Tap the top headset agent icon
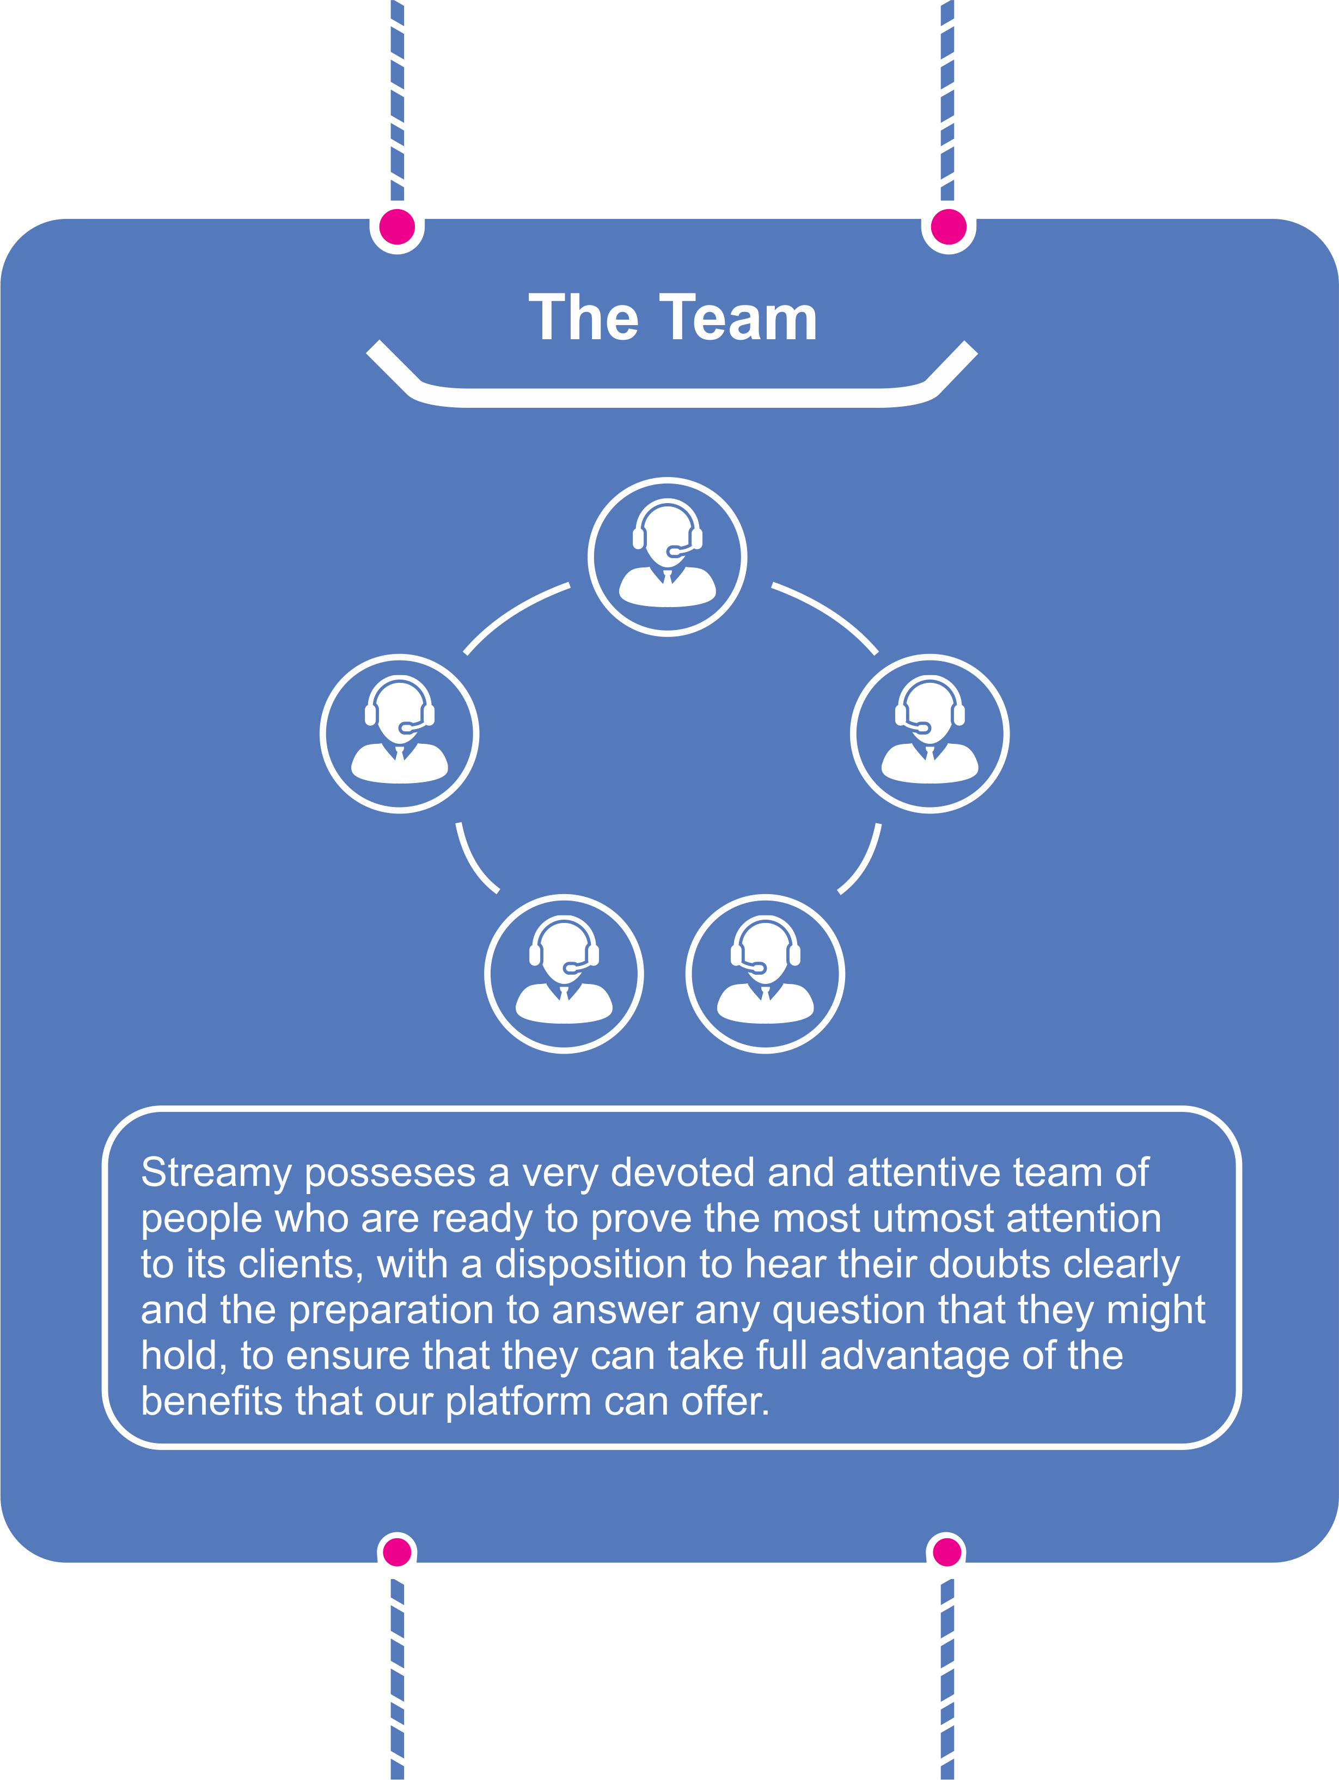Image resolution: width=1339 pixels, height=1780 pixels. click(667, 557)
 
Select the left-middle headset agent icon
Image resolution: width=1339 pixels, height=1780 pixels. click(399, 734)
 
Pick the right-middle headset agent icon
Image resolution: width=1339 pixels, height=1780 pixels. click(930, 734)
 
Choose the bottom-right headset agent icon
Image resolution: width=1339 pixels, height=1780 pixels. click(765, 974)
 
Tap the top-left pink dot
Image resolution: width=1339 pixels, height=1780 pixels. click(397, 227)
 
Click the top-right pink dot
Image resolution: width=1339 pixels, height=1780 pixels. click(948, 227)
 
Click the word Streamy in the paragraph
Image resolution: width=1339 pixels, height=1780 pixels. click(216, 1174)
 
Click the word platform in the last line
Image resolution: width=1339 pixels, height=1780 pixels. click(518, 1403)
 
